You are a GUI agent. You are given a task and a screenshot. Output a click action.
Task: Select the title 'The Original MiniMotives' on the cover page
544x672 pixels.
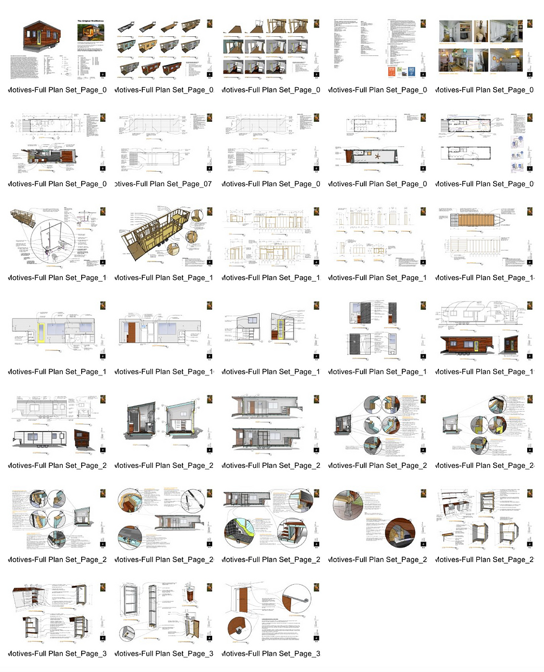pyautogui.click(x=90, y=21)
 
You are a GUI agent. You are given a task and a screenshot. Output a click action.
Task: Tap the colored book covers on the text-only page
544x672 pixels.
pyautogui.click(x=401, y=71)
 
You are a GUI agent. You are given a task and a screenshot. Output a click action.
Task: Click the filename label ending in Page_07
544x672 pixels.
pyautogui.click(x=163, y=184)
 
